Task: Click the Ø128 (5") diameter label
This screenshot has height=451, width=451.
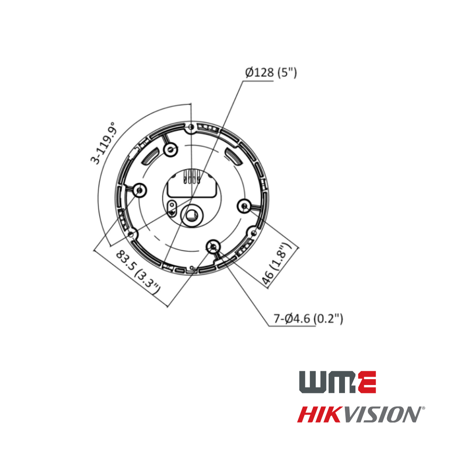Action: [x=271, y=73]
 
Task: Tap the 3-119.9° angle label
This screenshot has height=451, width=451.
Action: [x=103, y=144]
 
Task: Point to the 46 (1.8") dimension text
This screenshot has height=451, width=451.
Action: [x=277, y=264]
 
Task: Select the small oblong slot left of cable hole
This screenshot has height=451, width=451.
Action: [x=173, y=206]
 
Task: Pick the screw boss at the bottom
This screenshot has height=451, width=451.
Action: [x=213, y=247]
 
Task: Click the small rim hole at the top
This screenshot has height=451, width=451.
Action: [x=191, y=128]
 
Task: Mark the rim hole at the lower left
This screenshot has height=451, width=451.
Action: [x=131, y=234]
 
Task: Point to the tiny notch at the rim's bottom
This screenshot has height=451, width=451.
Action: [x=192, y=267]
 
